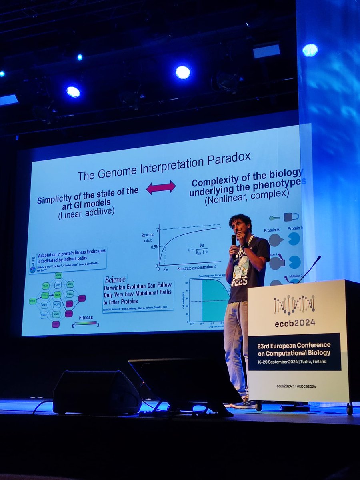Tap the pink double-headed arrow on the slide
coord(161,187)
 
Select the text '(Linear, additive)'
coord(86,211)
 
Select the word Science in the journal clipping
coord(115,279)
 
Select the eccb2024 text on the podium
coord(294,322)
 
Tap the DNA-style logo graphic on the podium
coord(294,305)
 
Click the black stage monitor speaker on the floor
coord(96,392)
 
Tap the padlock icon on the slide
coord(291,217)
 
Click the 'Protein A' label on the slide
coord(272,230)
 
